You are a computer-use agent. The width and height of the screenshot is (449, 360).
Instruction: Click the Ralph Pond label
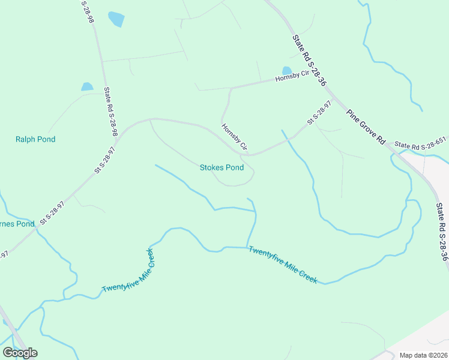click(35, 139)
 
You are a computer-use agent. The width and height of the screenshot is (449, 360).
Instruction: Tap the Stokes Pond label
click(221, 167)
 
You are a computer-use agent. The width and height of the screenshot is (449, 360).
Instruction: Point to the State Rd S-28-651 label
click(420, 145)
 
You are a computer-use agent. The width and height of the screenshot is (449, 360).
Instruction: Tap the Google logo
click(20, 353)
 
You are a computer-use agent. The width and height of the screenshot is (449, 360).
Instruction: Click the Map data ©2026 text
click(424, 355)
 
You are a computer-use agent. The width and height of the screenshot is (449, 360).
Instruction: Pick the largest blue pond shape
click(116, 19)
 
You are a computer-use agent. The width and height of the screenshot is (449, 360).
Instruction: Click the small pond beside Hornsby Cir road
click(287, 71)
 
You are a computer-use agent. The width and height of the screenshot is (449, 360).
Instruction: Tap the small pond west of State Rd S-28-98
click(88, 87)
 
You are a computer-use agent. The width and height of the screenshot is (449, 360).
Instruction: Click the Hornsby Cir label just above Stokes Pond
click(234, 137)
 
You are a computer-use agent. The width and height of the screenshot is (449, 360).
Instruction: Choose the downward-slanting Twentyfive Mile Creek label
click(282, 265)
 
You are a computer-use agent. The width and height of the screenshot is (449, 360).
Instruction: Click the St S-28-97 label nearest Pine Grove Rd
click(319, 112)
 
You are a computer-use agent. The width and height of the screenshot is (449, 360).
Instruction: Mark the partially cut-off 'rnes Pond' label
click(17, 224)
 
